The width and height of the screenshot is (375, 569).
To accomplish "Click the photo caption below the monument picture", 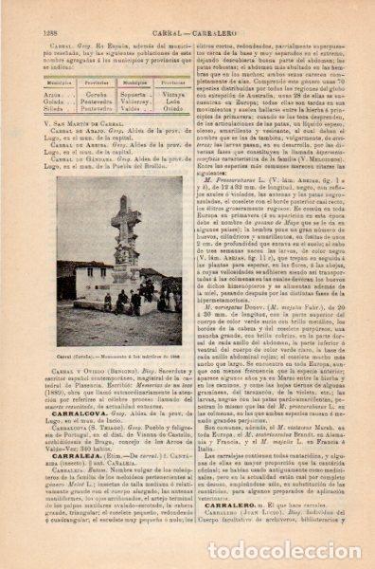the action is point(119,329).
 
